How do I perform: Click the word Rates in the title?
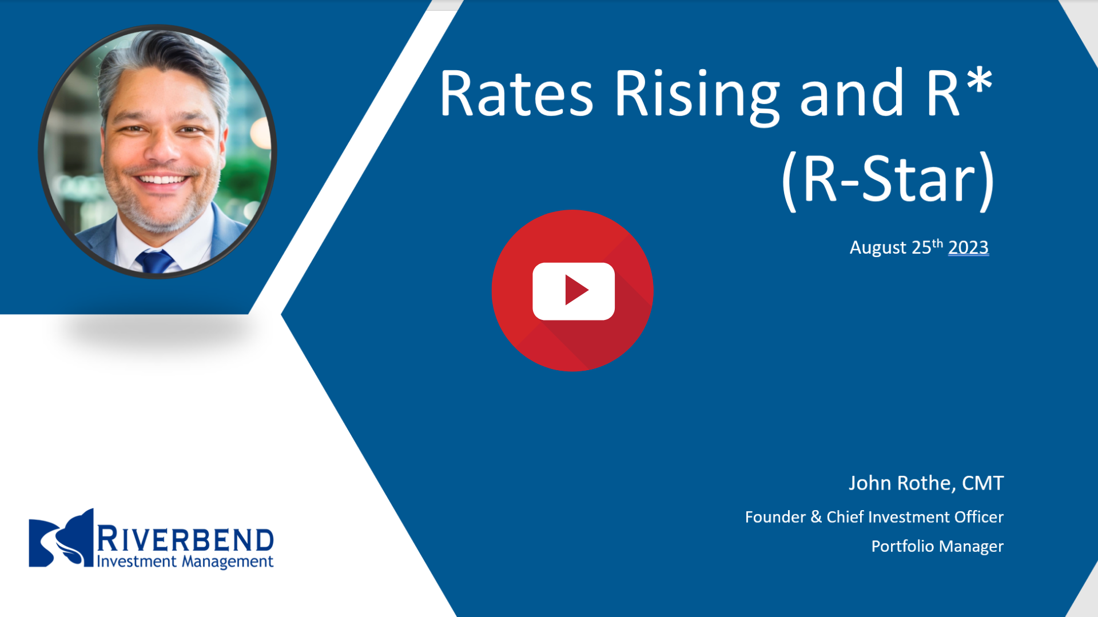[x=516, y=94]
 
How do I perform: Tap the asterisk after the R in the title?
[x=980, y=81]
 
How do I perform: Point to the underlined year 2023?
[x=968, y=247]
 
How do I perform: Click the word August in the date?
[x=878, y=248]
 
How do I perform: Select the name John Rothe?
[x=902, y=483]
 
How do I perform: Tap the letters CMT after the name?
[x=982, y=483]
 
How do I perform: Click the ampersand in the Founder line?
[x=816, y=517]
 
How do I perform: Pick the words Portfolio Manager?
[x=937, y=547]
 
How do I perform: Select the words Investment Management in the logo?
[x=185, y=562]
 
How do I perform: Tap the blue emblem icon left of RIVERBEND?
[x=61, y=538]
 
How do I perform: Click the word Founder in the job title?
[x=775, y=517]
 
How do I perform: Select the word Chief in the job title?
[x=845, y=517]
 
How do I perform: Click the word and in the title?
[x=852, y=94]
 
